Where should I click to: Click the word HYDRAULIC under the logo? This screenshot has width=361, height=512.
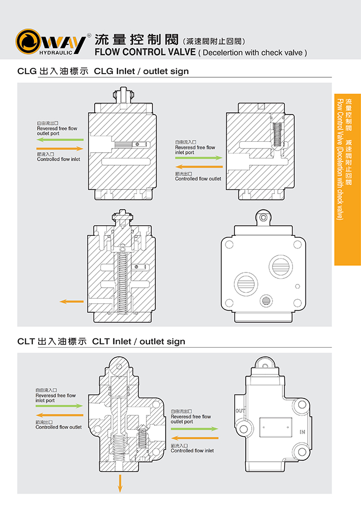point(55,52)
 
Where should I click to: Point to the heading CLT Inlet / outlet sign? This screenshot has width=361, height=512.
point(139,342)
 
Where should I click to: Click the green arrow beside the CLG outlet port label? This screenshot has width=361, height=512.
point(60,140)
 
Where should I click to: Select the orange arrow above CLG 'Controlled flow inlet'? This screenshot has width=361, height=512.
point(60,149)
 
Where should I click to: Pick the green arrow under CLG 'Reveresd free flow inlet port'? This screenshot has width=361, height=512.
point(199,157)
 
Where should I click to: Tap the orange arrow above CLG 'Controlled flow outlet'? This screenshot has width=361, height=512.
point(199,167)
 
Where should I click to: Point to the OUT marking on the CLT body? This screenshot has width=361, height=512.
point(241,411)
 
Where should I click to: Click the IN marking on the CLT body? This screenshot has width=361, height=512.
point(302,432)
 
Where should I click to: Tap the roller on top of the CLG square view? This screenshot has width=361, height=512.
point(263,216)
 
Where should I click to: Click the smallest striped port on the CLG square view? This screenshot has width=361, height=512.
point(266,301)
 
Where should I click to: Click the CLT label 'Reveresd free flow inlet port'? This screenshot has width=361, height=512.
point(55,395)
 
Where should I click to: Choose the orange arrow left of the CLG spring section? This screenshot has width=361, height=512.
point(72,302)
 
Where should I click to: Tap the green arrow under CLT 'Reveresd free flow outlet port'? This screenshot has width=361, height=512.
point(194,428)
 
